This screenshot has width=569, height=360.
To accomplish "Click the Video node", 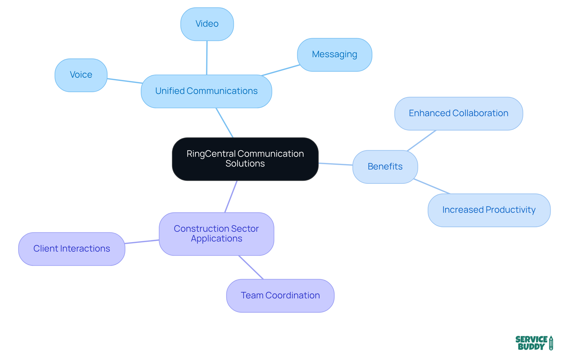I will click(x=207, y=24).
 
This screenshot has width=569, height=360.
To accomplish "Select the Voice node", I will click(x=81, y=75).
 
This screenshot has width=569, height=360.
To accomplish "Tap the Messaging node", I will click(x=334, y=55).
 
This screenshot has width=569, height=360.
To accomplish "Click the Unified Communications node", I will click(x=206, y=91).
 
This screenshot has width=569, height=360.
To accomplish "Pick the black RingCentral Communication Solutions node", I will click(x=245, y=159).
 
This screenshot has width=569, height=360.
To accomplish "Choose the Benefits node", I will click(x=385, y=167).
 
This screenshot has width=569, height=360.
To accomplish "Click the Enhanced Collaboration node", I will click(x=458, y=113).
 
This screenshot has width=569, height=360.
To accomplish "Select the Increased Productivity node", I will click(x=489, y=210).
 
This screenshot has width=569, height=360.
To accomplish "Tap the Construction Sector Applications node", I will click(x=216, y=234).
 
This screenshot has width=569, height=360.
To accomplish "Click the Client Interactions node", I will click(x=72, y=249).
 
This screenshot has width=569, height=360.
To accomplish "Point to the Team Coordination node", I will click(x=280, y=295).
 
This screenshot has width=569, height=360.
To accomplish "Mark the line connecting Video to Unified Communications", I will click(x=207, y=58).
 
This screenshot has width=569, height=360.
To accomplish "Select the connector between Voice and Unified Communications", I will click(x=124, y=81).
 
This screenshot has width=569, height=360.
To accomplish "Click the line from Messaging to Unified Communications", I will click(x=280, y=70).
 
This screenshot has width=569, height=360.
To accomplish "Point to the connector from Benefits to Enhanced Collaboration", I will click(x=422, y=140).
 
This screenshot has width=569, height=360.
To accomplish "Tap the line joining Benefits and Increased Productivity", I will click(x=432, y=186).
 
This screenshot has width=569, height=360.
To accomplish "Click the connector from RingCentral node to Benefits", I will click(x=335, y=164).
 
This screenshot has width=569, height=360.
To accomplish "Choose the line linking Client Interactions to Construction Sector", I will click(x=142, y=242).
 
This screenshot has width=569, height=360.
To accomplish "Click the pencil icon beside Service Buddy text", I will click(x=551, y=343).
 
